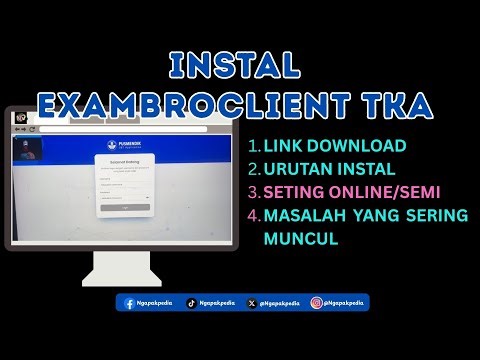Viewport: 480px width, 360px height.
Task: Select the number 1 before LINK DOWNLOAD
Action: [x=255, y=146]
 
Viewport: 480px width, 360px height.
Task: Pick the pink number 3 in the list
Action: [x=255, y=193]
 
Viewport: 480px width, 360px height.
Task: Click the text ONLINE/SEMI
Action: [x=388, y=193]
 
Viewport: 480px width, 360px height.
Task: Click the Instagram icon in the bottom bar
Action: [x=316, y=302]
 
